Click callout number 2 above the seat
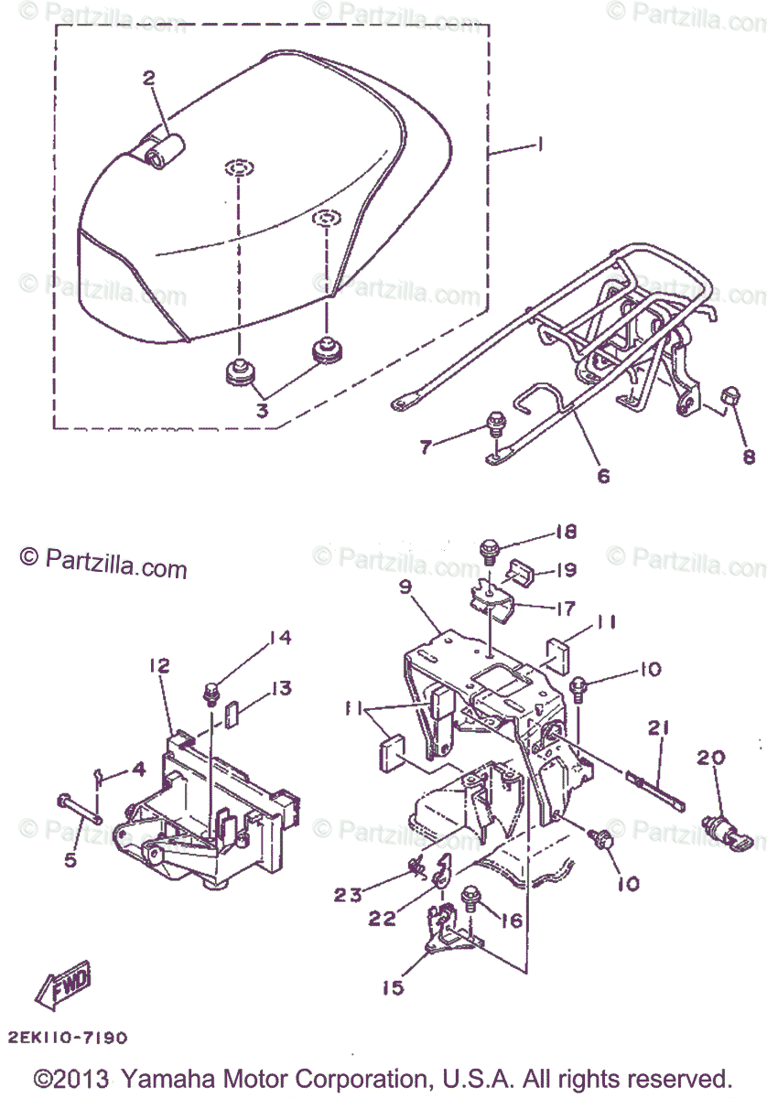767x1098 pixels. pyautogui.click(x=149, y=79)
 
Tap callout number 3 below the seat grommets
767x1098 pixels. pyautogui.click(x=262, y=411)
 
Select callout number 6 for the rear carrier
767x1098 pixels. pyautogui.click(x=603, y=476)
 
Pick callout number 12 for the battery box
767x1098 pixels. pyautogui.click(x=159, y=665)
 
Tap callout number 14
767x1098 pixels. pyautogui.click(x=279, y=638)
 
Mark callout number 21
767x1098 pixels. pyautogui.click(x=659, y=728)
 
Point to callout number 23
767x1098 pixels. pyautogui.click(x=348, y=895)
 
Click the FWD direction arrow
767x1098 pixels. pyautogui.click(x=63, y=983)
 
